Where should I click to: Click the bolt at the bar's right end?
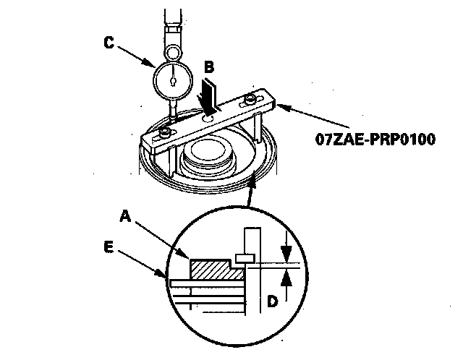(x=251, y=98)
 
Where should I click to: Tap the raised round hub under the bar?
(x=208, y=154)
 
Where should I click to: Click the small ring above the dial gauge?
(x=174, y=51)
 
